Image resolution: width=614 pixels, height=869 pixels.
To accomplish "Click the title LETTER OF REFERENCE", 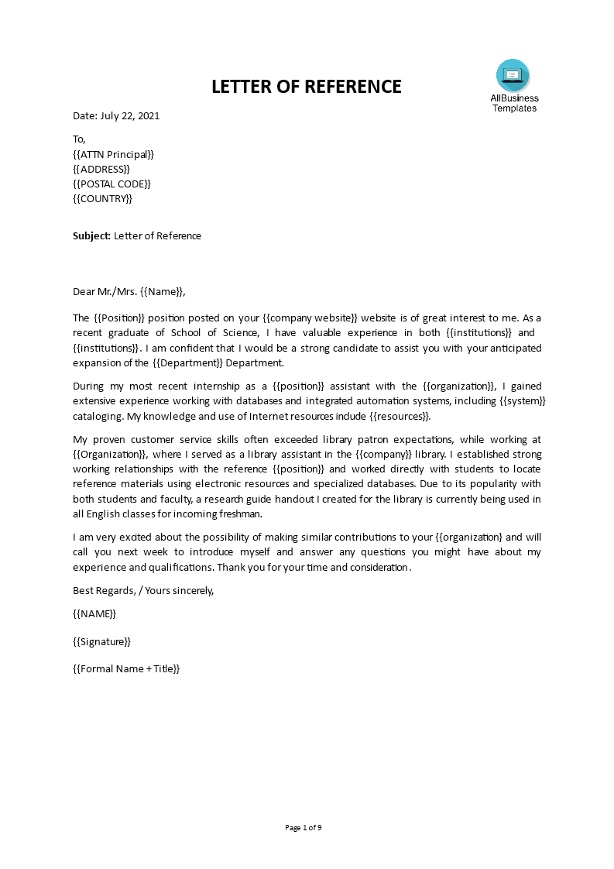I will tap(307, 87).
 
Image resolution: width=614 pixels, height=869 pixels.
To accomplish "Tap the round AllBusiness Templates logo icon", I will tap(513, 75).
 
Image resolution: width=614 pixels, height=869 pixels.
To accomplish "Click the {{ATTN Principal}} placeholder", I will tap(113, 154).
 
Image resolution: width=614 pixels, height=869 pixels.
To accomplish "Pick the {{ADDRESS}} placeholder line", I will tap(101, 169).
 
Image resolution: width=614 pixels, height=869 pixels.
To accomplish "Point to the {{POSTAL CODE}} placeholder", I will tap(111, 184).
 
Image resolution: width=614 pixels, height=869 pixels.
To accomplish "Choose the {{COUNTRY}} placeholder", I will tap(102, 198).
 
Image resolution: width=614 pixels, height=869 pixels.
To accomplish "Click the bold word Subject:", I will tap(91, 236).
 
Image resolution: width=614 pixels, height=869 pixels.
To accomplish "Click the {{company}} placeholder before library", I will tap(388, 454).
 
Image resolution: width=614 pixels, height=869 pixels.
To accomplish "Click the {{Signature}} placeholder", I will tap(101, 641).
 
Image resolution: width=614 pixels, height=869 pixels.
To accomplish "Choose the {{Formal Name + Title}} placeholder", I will tap(126, 668).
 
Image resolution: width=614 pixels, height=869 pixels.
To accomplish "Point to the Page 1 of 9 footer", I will tap(304, 828).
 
